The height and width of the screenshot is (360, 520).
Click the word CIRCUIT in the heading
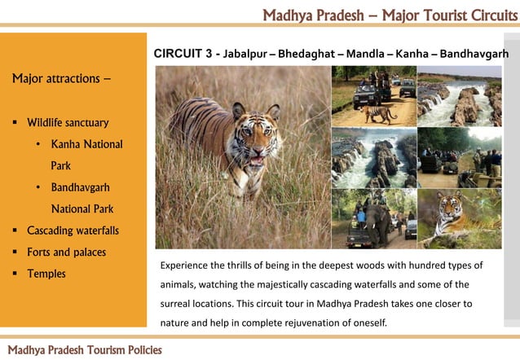(180, 54)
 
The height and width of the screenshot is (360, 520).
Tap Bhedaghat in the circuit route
(310, 55)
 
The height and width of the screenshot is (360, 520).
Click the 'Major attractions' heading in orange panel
(62, 80)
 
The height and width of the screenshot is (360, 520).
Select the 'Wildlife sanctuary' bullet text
(68, 123)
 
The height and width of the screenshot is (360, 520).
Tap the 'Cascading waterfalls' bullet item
(73, 230)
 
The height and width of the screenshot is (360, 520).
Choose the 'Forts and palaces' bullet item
(66, 252)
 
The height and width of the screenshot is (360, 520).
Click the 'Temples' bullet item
(46, 274)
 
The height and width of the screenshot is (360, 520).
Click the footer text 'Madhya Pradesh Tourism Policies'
(85, 349)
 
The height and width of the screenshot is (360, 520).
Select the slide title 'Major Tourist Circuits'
(442, 15)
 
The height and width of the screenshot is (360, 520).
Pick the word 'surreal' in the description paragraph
(176, 304)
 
